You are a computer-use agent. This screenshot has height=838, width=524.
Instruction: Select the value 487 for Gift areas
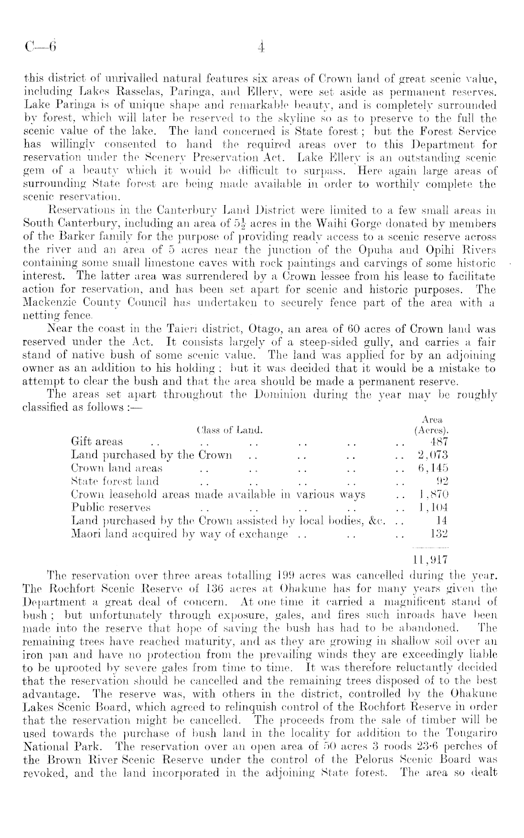pyautogui.click(x=439, y=442)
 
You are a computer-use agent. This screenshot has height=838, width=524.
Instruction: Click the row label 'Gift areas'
pyautogui.click(x=96, y=442)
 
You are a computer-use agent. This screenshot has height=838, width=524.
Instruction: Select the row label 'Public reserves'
pyautogui.click(x=111, y=508)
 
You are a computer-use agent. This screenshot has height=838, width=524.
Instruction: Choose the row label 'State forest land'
pyautogui.click(x=115, y=481)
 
